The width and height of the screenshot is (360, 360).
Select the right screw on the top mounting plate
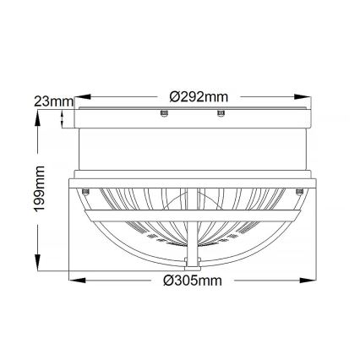click(221, 114)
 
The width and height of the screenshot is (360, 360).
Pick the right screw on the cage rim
click(298, 191)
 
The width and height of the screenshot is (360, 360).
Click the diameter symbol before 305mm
click(168, 280)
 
